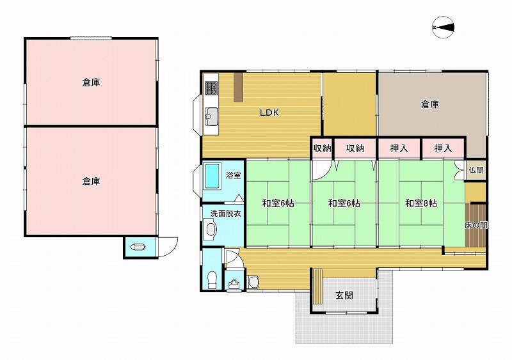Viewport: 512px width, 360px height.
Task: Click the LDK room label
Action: coord(269,113)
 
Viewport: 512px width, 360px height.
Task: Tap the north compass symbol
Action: coord(443,27)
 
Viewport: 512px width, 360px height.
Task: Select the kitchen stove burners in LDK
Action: coord(211,88)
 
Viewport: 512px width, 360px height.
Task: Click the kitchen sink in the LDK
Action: coord(211,115)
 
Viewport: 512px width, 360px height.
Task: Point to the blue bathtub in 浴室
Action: coord(212,176)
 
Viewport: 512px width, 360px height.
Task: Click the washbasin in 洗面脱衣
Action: coord(210,229)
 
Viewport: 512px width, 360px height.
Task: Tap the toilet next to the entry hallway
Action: coord(212,280)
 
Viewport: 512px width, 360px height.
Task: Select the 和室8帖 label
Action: coord(421,203)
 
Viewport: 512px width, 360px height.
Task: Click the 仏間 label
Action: coord(476,170)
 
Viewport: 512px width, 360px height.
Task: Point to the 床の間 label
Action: coord(476,225)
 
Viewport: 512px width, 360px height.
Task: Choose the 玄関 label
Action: coord(344,295)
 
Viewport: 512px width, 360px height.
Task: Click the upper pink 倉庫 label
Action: coord(91,82)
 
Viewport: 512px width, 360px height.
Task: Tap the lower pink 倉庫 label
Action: coord(91,181)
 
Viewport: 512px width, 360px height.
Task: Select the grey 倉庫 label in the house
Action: coord(429,104)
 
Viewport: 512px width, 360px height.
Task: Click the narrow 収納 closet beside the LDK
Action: coord(323,148)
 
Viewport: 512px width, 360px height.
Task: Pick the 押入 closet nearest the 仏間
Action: coord(443,148)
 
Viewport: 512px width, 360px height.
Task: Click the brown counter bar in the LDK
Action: coord(238,87)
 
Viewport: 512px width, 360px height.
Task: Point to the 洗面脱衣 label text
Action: coord(226,214)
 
